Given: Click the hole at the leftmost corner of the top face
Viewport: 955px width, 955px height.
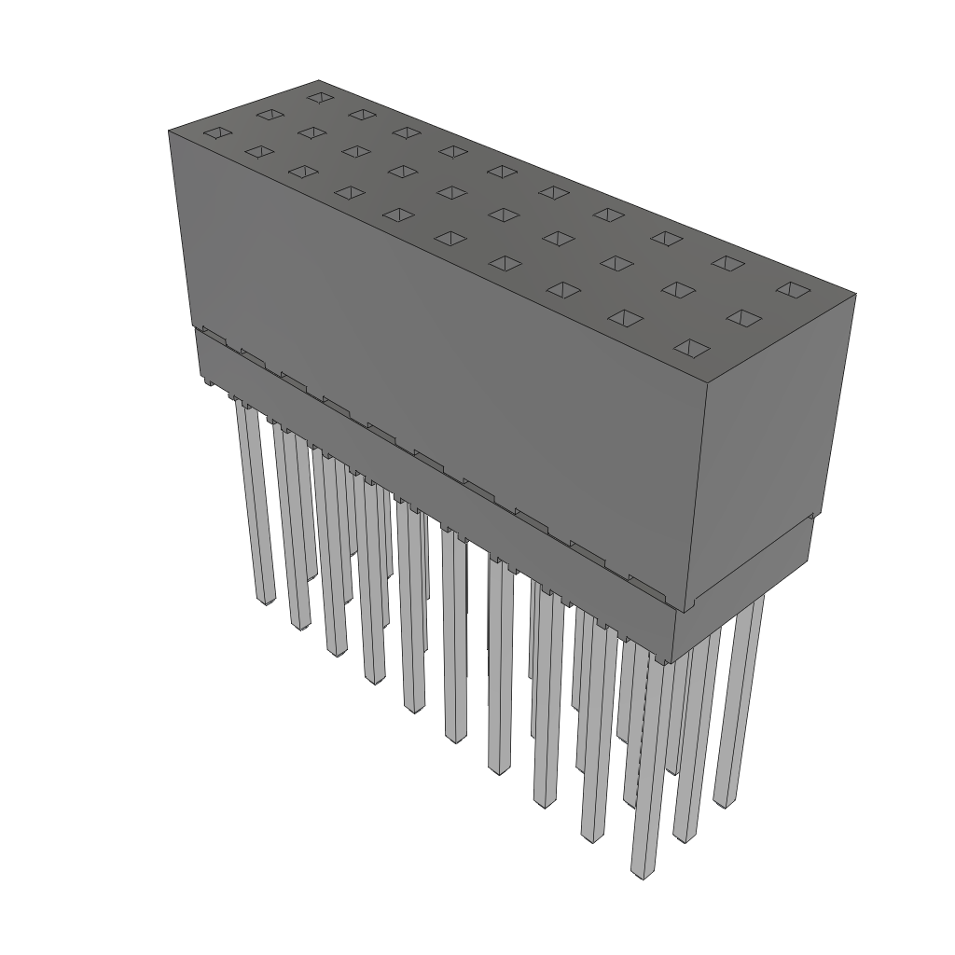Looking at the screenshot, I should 215,133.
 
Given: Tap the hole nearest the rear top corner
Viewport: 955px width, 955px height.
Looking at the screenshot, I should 319,96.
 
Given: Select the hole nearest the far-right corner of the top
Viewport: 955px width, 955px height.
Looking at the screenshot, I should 791,289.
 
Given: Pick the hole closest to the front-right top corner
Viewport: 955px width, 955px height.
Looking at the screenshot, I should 691,349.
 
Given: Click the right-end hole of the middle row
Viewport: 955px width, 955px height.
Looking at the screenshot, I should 742,319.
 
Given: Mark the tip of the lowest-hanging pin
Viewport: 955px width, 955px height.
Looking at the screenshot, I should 641,874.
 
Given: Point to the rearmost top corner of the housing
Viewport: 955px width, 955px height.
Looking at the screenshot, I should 319,80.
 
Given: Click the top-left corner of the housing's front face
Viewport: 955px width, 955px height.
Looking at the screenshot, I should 169,131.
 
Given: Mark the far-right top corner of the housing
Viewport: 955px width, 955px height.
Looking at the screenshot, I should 855,294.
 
